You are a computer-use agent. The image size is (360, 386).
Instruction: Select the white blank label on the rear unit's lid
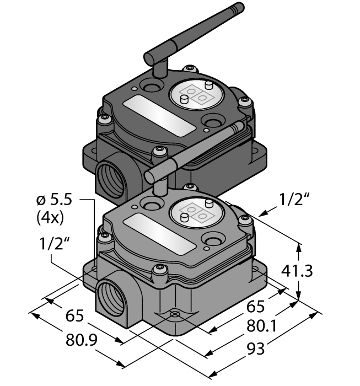[159, 115]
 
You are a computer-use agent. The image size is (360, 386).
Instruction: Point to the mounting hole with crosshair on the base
[175, 314]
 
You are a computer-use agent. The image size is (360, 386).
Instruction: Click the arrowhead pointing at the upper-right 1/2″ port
[261, 213]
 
